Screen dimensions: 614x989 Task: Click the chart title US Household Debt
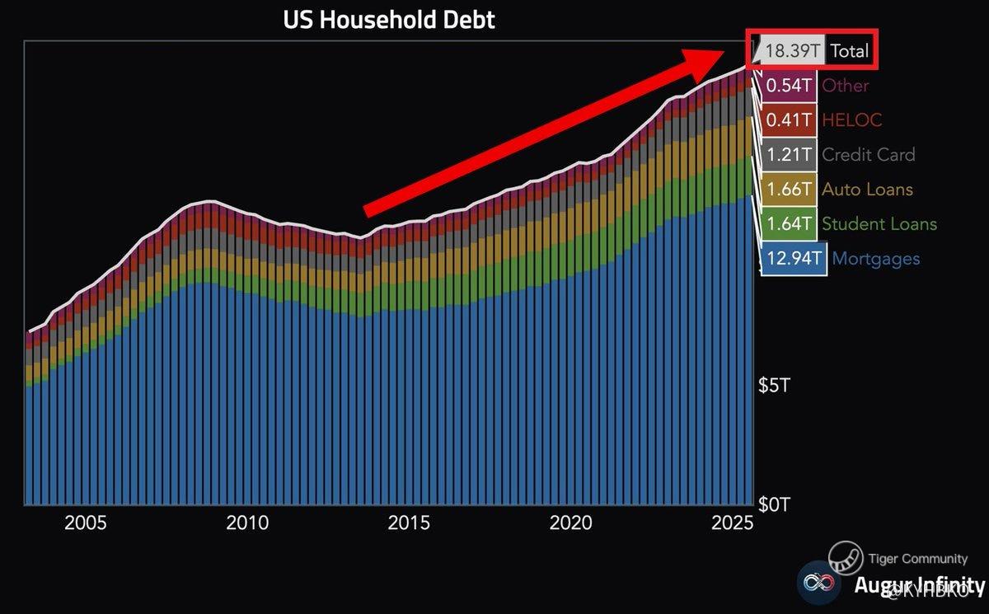point(389,19)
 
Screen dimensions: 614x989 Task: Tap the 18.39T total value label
point(792,51)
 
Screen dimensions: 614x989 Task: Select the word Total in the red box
point(849,51)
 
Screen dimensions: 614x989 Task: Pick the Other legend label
point(845,86)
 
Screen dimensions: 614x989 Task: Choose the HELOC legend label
point(851,120)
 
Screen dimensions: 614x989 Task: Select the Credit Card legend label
point(868,155)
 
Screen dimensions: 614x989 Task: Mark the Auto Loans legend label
point(867,190)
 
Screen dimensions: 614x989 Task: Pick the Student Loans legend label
point(879,224)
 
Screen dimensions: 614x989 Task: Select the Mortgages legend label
point(875,260)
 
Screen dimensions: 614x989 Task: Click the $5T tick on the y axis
point(774,386)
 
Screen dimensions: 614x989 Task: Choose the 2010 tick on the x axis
point(247,523)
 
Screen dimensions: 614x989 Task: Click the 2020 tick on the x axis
point(571,523)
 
